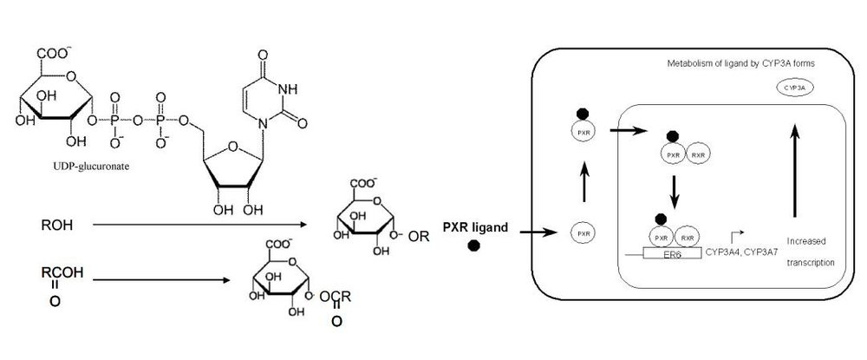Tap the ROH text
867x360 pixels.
tap(56, 225)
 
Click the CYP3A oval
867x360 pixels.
tap(792, 88)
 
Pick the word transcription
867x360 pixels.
tap(812, 261)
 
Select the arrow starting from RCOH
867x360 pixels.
tap(160, 279)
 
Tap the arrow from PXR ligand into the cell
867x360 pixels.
tap(536, 232)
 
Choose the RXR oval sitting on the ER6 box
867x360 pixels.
tap(686, 237)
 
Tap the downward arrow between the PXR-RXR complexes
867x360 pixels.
tap(673, 192)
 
